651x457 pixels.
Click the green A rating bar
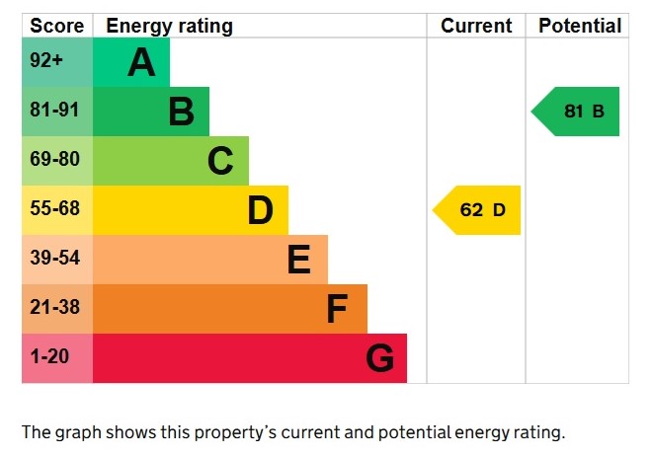click(x=131, y=62)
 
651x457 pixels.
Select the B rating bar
click(x=151, y=112)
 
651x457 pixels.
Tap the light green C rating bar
click(x=171, y=161)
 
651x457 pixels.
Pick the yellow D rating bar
click(x=191, y=210)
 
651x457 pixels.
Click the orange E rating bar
click(x=210, y=260)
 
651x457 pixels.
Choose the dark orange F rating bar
click(x=230, y=309)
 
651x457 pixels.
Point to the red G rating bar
click(x=250, y=358)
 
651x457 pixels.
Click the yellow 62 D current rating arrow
click(x=478, y=210)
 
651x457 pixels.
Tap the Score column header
click(x=57, y=26)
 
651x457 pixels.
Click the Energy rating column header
click(x=169, y=26)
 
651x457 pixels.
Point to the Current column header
click(x=476, y=26)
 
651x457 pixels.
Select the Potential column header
click(x=579, y=26)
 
